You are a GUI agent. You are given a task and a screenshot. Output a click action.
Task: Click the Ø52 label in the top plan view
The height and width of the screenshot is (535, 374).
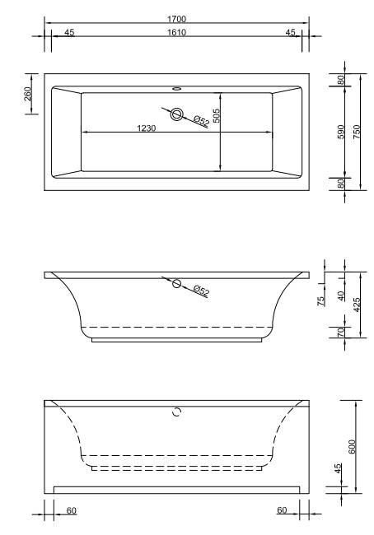[201, 121]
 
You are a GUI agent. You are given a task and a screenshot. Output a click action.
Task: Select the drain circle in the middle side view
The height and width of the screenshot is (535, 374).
[176, 283]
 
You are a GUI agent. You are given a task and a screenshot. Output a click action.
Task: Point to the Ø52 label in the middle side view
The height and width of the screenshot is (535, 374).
[201, 290]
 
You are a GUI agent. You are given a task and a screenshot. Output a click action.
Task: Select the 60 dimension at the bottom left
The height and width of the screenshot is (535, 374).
[72, 510]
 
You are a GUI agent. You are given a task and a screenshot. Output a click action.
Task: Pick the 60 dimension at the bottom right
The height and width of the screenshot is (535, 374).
[283, 510]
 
